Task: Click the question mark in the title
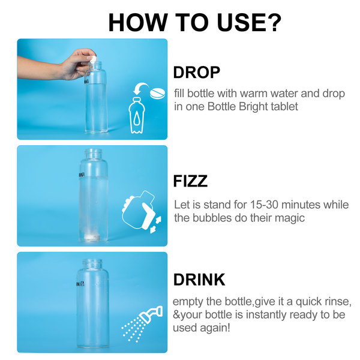pos(274,22)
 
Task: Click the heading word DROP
pos(197,73)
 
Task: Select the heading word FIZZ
pos(190,181)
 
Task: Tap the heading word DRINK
pos(199,280)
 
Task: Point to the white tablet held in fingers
pos(93,59)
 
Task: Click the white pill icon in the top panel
pos(157,92)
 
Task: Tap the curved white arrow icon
pos(140,88)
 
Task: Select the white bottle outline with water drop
pos(137,115)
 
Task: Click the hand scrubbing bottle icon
pos(142,211)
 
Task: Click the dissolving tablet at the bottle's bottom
pos(92,237)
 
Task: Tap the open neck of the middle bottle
pos(93,152)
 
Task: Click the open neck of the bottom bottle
pos(92,263)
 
